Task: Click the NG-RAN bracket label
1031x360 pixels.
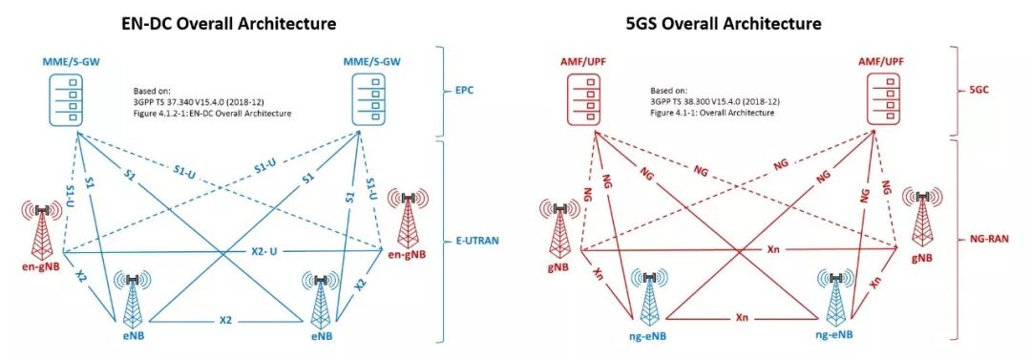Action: [988, 242]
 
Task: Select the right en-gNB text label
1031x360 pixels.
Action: [407, 254]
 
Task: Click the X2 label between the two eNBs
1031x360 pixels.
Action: [225, 319]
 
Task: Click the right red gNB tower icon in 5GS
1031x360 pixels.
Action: [922, 216]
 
